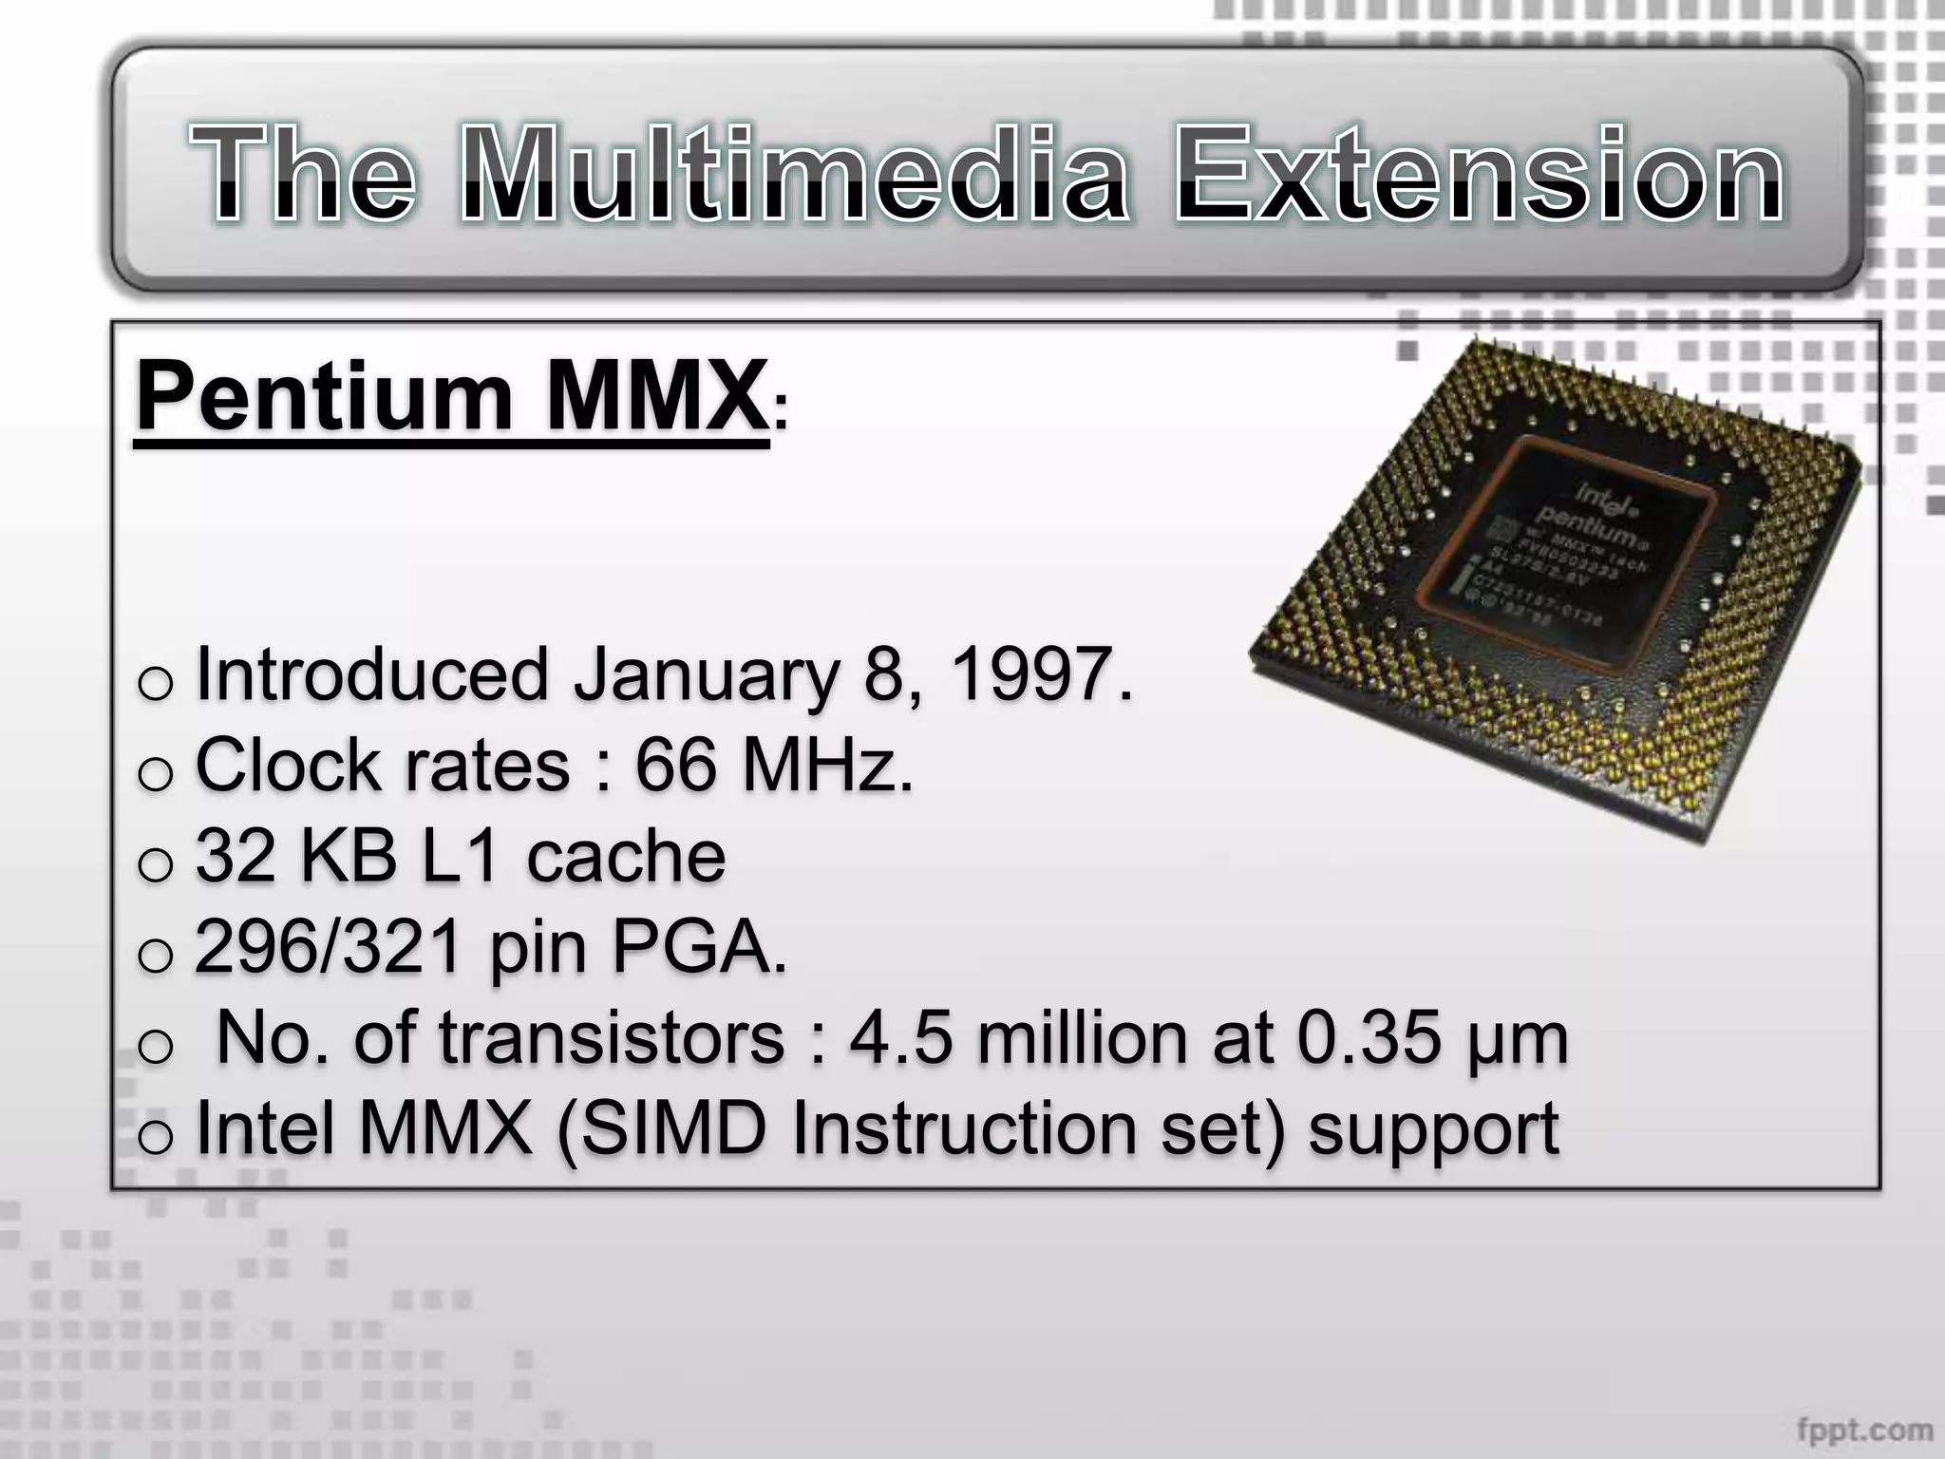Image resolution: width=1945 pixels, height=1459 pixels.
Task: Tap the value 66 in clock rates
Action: [x=675, y=765]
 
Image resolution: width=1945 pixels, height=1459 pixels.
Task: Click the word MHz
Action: [x=826, y=765]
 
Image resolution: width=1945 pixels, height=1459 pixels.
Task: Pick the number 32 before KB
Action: [x=236, y=855]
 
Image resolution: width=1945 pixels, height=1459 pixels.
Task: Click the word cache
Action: [x=626, y=855]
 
